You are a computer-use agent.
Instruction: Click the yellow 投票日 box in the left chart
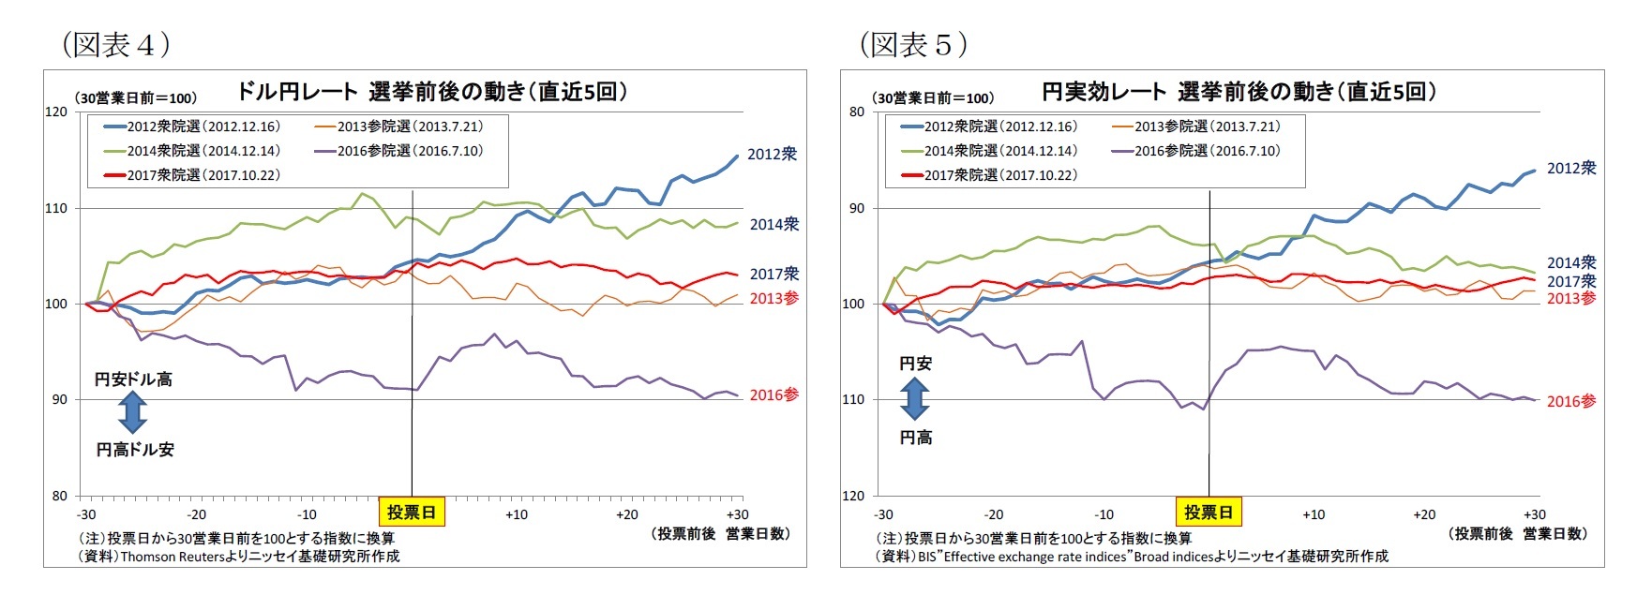click(412, 513)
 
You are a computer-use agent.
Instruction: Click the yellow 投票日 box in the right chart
click(1209, 513)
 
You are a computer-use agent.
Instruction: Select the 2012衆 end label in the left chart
click(772, 154)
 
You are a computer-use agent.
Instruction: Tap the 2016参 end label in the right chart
click(1570, 401)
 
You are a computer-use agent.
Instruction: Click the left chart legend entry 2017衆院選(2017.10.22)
click(192, 175)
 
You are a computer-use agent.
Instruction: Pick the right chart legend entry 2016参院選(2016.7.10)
click(1195, 151)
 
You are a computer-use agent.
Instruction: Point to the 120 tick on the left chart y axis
click(56, 112)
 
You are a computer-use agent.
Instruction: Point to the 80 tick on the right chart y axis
click(856, 112)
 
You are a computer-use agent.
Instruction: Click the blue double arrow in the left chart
click(133, 413)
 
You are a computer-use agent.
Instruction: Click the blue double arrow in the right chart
click(914, 400)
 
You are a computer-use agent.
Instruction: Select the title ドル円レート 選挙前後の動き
click(431, 92)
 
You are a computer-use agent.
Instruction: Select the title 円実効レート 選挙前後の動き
click(1238, 92)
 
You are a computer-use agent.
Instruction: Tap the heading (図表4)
click(115, 44)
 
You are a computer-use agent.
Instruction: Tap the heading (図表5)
click(913, 44)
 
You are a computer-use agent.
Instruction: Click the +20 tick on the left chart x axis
click(627, 514)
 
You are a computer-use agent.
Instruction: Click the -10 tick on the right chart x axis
click(1104, 514)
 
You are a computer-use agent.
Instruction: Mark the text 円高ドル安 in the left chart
click(135, 450)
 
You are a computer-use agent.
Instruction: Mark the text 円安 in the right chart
click(915, 364)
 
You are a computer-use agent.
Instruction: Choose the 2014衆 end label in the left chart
click(773, 224)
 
